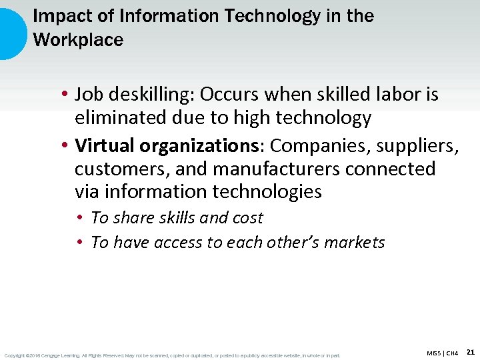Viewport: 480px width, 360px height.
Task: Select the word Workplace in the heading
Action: (x=78, y=40)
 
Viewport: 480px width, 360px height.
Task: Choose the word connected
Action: (x=391, y=169)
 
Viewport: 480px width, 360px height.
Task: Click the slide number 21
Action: (x=471, y=351)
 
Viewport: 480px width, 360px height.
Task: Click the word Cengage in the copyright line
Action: (x=55, y=355)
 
